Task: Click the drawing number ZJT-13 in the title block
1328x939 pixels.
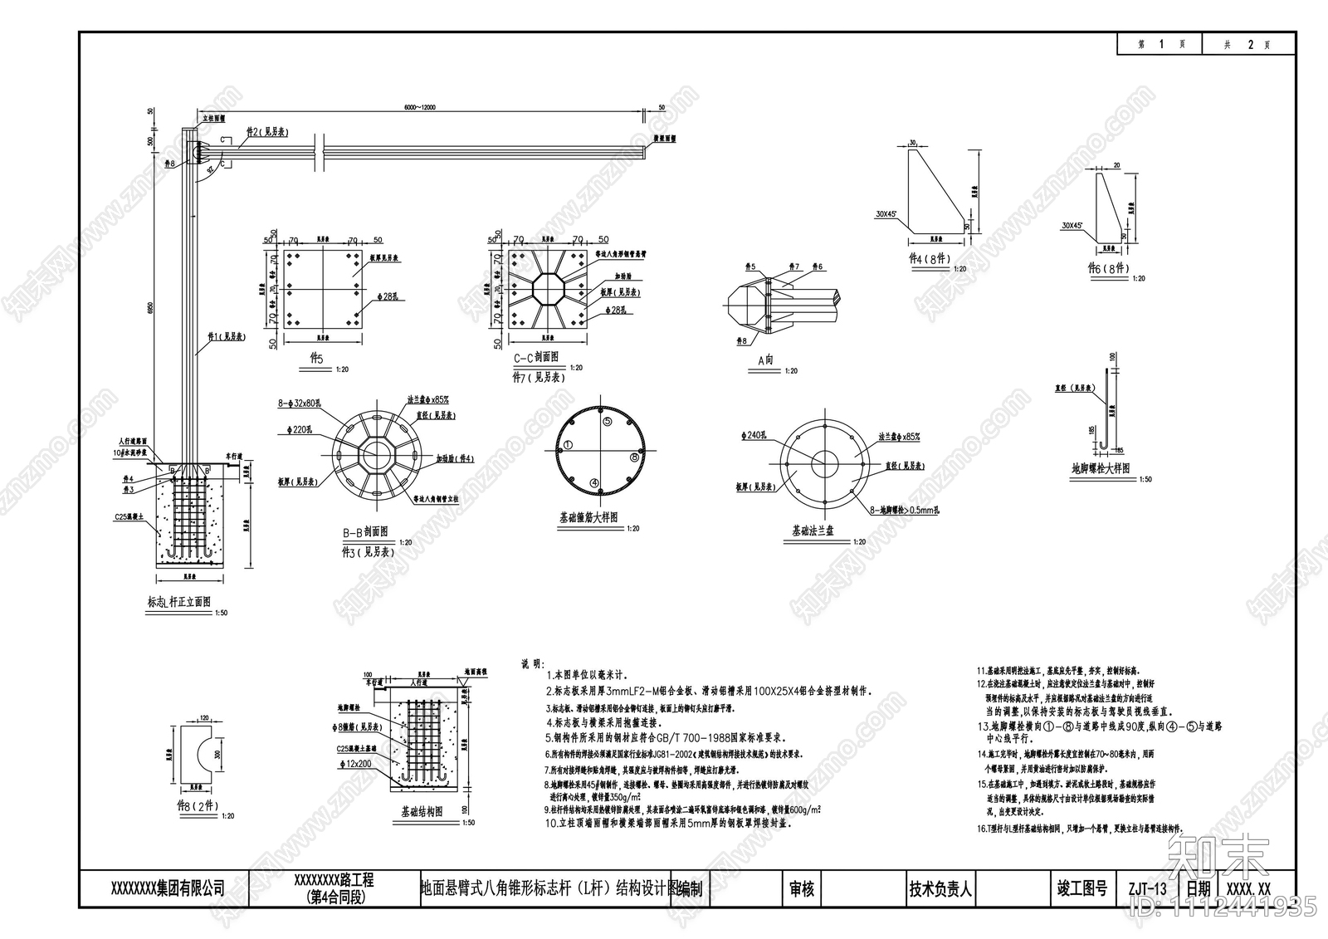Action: (x=1148, y=888)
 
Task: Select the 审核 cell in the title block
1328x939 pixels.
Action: (x=801, y=888)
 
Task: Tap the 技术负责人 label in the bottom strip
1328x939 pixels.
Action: (x=940, y=888)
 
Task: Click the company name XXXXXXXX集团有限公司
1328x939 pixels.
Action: (x=167, y=888)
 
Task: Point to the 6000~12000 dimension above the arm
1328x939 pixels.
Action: (x=420, y=107)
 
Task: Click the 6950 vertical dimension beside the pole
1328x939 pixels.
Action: (x=150, y=307)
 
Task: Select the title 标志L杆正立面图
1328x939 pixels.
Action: (x=178, y=602)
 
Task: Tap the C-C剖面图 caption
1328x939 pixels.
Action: (x=535, y=356)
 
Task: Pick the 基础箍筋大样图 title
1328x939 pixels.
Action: (x=588, y=517)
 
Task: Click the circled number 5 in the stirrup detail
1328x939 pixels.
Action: (x=607, y=422)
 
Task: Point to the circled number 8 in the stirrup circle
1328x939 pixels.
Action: (x=634, y=457)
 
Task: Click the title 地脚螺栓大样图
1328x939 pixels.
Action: (x=1100, y=469)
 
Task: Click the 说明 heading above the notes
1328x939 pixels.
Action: (x=530, y=664)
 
